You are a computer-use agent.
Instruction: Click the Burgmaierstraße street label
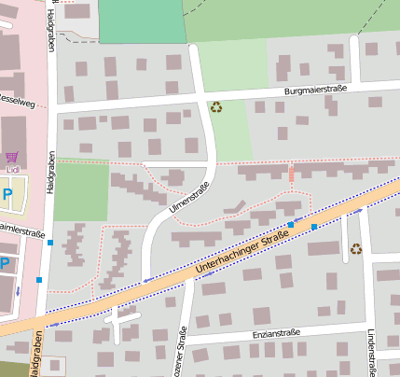pos(316,90)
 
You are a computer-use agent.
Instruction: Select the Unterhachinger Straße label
pos(242,254)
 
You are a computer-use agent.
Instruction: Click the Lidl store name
pos(12,170)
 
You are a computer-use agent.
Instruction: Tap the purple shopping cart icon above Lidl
pos(11,157)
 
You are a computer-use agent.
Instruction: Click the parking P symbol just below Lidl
pos(7,195)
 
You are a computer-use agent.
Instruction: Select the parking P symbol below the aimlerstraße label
pos(5,264)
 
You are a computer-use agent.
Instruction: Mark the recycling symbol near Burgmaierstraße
pos(217,107)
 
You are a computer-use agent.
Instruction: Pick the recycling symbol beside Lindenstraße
pos(356,248)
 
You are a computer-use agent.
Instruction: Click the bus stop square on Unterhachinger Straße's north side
pos(291,224)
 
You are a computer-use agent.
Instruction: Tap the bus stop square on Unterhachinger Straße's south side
pos(314,227)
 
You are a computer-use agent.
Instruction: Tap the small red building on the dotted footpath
pos(291,175)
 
